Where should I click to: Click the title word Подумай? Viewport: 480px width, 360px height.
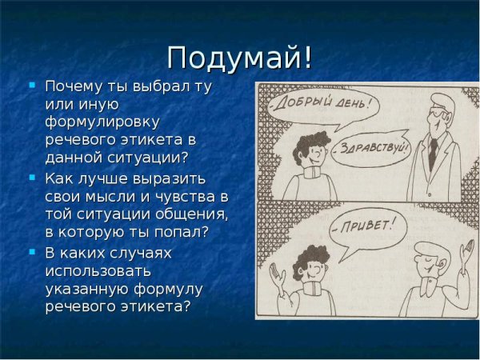click(x=240, y=58)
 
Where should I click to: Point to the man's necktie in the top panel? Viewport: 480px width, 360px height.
click(x=431, y=152)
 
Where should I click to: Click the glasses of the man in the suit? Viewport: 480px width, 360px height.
click(x=438, y=114)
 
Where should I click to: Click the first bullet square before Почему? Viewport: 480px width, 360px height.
click(x=32, y=84)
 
